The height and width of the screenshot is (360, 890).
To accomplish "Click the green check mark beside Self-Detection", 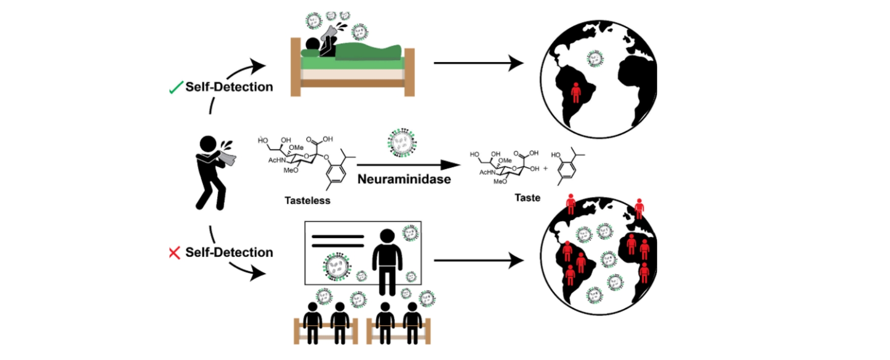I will click(176, 88).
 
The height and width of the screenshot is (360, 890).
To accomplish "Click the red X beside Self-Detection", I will click(174, 252).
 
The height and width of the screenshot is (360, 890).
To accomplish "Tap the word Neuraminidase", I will click(404, 179).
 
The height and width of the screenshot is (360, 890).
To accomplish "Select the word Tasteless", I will click(307, 200).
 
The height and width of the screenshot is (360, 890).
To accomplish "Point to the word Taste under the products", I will click(527, 197).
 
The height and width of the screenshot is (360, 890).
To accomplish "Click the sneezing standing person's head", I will click(207, 144).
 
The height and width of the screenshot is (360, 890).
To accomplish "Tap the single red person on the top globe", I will click(575, 92).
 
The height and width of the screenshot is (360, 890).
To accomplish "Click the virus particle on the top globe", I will click(595, 59).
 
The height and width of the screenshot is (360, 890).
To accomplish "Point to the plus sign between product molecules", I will click(545, 169).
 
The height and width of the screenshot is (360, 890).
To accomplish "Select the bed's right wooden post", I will click(409, 72).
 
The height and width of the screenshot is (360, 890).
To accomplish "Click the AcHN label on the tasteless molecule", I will click(277, 160).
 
